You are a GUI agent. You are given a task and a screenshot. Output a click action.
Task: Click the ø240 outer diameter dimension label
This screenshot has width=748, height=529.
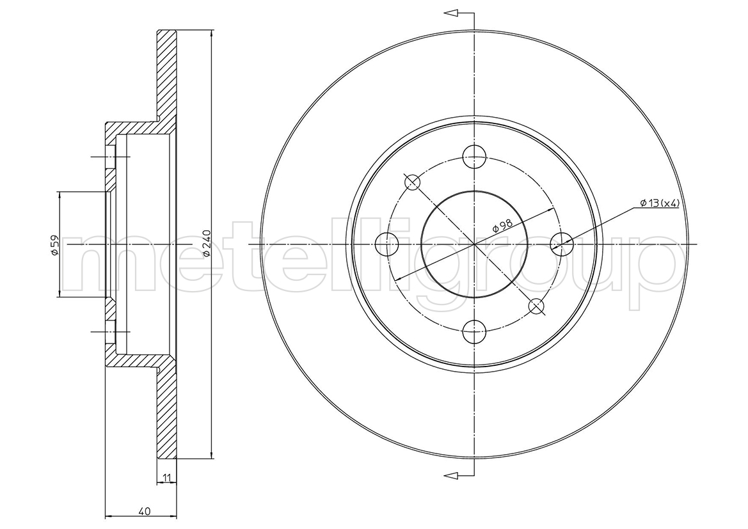point(206,244)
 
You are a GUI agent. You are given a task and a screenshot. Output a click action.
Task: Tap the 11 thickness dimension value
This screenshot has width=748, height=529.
point(166,477)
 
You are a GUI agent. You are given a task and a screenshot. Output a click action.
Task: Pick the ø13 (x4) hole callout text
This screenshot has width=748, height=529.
point(659,203)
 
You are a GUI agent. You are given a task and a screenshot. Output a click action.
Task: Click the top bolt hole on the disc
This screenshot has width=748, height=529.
point(475,157)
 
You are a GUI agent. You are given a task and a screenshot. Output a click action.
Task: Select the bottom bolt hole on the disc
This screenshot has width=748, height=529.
point(475,332)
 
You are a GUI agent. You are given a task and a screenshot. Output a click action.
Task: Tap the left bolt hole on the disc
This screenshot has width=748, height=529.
point(387,244)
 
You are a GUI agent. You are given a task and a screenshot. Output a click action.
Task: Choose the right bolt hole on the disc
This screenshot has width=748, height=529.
point(562,244)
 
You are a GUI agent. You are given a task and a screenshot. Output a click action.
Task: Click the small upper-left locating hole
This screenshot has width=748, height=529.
point(412,182)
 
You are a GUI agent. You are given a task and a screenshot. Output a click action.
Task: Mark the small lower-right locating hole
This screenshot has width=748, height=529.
point(537,306)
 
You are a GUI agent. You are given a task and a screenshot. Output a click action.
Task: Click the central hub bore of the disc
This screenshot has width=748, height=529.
point(475,244)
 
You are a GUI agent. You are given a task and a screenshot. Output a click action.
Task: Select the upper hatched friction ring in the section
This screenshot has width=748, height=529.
point(166,76)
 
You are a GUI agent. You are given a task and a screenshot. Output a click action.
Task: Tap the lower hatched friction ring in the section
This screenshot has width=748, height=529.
point(166,413)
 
